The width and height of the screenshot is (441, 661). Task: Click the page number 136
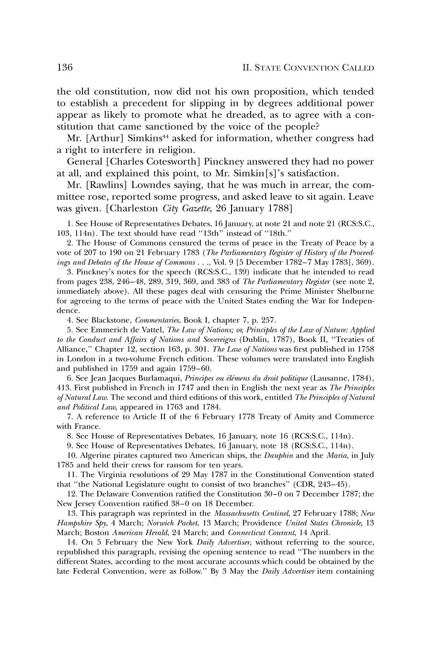point(65,68)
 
